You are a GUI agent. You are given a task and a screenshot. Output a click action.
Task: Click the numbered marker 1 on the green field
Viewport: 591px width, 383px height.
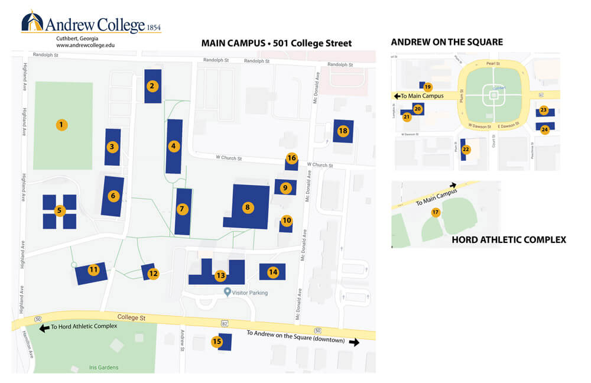(60, 125)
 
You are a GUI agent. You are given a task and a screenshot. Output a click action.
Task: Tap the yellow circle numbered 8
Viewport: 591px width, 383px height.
(248, 207)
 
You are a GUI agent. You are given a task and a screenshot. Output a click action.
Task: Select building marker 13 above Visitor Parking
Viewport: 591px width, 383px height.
(220, 275)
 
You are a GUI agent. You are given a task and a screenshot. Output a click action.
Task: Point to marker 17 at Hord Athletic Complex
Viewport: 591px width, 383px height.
(436, 213)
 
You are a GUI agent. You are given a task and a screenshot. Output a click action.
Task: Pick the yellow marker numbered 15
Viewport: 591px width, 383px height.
(217, 341)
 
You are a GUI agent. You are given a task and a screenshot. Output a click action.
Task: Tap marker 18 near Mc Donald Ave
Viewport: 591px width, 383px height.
(343, 131)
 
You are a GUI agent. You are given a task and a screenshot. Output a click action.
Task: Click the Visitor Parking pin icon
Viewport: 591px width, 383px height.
(228, 292)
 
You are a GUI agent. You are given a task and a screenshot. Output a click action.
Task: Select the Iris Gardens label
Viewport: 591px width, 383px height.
(104, 368)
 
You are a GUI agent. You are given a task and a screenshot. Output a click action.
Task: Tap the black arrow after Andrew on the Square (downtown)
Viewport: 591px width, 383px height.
(354, 342)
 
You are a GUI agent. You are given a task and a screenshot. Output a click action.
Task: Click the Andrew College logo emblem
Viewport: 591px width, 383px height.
(33, 22)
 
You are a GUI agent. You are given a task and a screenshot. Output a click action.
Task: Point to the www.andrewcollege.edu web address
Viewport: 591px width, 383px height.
(85, 45)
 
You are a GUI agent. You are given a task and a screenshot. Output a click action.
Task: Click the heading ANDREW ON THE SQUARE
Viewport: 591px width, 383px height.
(447, 42)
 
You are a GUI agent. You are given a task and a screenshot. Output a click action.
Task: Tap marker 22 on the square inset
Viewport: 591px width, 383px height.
(466, 150)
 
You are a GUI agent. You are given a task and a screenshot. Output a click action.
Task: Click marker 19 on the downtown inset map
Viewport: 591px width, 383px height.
(428, 86)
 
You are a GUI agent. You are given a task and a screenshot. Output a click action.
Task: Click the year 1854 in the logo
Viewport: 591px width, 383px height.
(154, 27)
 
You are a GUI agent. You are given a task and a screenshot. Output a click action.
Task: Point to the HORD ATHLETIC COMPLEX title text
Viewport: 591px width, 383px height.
(509, 239)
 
